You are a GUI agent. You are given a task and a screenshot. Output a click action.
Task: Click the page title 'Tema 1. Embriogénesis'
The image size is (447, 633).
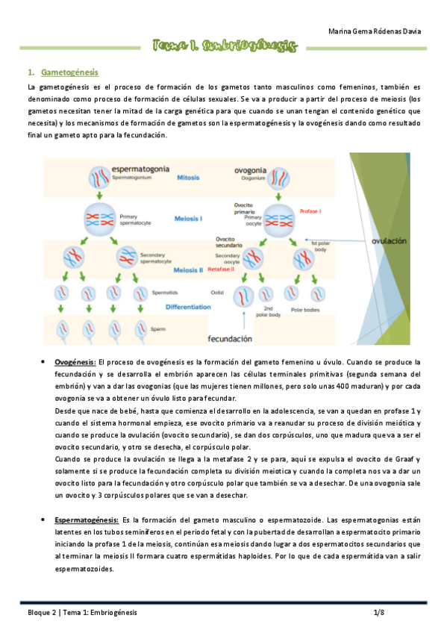click(x=224, y=46)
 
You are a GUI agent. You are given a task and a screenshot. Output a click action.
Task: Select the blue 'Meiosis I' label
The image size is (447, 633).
click(x=188, y=219)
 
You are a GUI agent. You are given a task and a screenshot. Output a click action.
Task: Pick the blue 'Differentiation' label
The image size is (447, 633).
click(x=189, y=306)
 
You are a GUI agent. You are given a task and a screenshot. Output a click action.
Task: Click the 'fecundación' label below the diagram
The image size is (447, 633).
click(x=229, y=338)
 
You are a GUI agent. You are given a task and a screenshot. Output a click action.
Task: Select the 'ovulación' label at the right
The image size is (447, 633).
click(x=390, y=240)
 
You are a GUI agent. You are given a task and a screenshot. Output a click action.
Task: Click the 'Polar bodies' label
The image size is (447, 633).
click(x=307, y=308)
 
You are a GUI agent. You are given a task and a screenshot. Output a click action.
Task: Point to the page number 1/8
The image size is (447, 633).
click(x=379, y=612)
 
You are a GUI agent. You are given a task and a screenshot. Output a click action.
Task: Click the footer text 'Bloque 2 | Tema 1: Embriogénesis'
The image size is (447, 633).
click(x=78, y=612)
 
